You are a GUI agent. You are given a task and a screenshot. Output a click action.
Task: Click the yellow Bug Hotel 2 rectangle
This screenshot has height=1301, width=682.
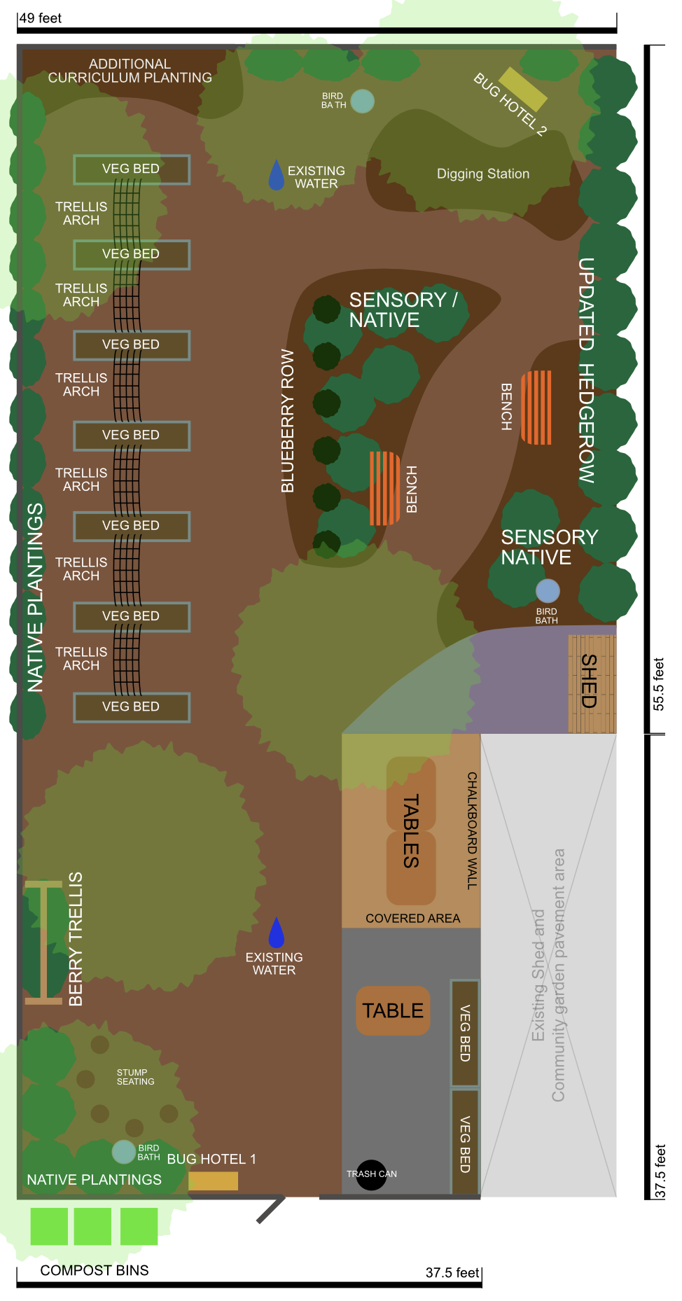[522, 89]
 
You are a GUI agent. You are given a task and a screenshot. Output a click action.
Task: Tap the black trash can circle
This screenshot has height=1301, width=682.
[371, 1174]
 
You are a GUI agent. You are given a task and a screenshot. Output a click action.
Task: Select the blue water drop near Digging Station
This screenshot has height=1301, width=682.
[277, 175]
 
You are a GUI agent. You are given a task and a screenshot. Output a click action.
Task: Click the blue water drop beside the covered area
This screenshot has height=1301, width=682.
[277, 933]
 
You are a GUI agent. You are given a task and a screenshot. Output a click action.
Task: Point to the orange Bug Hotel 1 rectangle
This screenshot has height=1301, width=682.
[213, 1181]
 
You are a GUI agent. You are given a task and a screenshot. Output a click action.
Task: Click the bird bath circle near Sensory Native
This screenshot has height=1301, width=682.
[548, 591]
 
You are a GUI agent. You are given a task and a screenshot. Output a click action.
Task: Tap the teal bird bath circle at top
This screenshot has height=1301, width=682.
[362, 101]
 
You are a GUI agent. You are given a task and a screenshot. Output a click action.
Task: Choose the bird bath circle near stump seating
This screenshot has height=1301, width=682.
[124, 1152]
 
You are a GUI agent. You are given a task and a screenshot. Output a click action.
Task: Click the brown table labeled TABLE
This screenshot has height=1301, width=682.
[393, 1010]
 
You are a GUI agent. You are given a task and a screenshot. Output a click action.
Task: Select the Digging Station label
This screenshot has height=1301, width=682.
[483, 174]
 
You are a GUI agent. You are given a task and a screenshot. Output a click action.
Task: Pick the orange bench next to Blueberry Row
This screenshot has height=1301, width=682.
[384, 488]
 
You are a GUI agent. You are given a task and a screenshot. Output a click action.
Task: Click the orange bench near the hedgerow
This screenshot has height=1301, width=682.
[537, 408]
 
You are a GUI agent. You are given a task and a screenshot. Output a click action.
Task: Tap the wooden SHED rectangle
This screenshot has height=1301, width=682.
[592, 683]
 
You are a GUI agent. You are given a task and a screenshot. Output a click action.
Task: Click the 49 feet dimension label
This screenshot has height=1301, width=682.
[41, 18]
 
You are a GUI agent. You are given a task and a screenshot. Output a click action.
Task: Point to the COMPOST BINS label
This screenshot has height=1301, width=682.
[95, 1270]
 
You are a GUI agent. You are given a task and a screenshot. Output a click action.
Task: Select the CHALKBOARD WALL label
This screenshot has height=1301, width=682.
[472, 830]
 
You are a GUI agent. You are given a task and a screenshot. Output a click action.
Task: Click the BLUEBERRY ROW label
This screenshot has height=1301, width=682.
[288, 421]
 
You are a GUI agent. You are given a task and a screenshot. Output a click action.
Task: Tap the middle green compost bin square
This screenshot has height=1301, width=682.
[92, 1226]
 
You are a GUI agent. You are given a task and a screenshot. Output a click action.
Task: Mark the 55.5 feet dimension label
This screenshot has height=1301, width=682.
[658, 684]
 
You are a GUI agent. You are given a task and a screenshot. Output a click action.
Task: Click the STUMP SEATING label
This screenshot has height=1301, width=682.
[135, 1077]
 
